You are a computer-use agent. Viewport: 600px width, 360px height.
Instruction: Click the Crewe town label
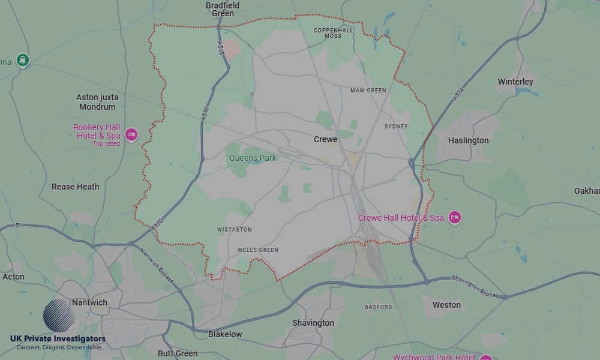[326, 139]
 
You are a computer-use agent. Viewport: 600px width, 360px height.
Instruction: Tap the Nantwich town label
[89, 302]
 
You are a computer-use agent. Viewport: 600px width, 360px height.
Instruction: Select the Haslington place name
[469, 140]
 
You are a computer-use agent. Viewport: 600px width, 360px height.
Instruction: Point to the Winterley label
[515, 82]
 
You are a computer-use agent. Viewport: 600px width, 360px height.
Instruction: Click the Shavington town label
[313, 323]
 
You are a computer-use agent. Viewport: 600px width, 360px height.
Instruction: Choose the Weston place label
[446, 305]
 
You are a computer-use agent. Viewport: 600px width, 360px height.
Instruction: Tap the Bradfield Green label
[223, 9]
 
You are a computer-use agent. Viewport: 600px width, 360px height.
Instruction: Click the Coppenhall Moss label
[334, 32]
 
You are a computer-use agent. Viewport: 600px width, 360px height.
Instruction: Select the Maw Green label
[368, 91]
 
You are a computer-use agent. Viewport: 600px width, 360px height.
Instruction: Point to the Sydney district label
[396, 127]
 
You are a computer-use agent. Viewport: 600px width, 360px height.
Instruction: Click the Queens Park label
[253, 158]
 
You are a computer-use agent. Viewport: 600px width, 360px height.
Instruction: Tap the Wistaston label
[235, 230]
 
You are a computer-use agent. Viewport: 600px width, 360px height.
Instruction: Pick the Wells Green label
[258, 250]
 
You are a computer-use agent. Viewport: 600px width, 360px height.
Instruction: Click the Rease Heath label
[76, 187]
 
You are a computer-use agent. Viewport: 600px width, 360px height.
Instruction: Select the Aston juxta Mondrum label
[97, 102]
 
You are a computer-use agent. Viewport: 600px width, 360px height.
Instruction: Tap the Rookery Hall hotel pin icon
[131, 134]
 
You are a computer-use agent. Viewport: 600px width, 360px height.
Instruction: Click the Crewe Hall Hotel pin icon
[455, 217]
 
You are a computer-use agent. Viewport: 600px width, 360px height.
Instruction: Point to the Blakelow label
[225, 334]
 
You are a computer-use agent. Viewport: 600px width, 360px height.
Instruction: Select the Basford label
[378, 307]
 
